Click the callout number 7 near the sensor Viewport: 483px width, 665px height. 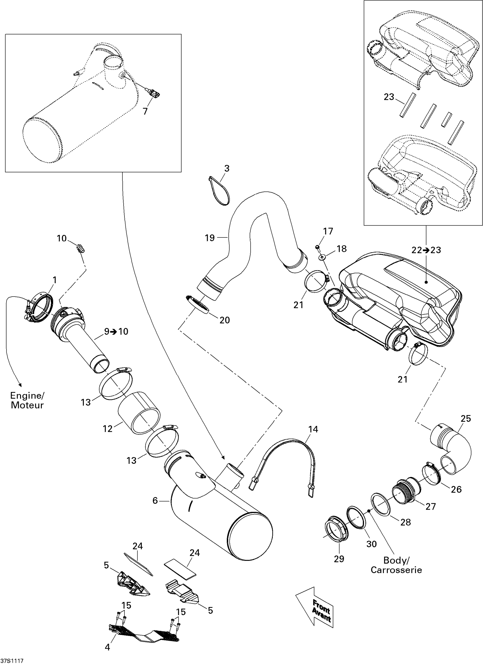[145, 111]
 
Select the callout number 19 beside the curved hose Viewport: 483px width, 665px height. [210, 238]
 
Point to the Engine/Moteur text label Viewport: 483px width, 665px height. [27, 400]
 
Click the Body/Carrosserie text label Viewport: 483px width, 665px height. [396, 565]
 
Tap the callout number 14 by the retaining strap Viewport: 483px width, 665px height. [313, 429]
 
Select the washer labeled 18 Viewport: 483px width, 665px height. [322, 257]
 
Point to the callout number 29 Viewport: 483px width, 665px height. [339, 558]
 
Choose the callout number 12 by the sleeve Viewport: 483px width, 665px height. [108, 429]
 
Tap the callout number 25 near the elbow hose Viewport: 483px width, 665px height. [466, 418]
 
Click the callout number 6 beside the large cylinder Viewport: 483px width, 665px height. [155, 501]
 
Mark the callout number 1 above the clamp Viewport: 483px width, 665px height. [54, 280]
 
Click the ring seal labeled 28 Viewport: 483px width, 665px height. [381, 504]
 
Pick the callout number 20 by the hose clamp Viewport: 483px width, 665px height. [225, 320]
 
